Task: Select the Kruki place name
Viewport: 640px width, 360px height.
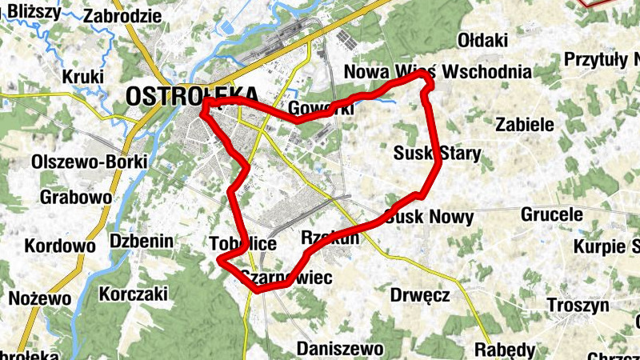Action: pyautogui.click(x=83, y=77)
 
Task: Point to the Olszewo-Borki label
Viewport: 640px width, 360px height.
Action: pyautogui.click(x=89, y=162)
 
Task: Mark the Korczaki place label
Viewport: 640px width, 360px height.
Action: pyautogui.click(x=133, y=294)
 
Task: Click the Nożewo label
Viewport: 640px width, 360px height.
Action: pyautogui.click(x=40, y=299)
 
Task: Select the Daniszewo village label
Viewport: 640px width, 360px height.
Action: pyautogui.click(x=340, y=349)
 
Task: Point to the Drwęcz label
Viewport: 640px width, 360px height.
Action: pyautogui.click(x=420, y=295)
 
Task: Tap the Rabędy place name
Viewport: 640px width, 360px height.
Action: pyautogui.click(x=504, y=350)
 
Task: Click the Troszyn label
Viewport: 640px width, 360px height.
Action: pyautogui.click(x=578, y=305)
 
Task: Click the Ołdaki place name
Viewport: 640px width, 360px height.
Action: pyautogui.click(x=482, y=40)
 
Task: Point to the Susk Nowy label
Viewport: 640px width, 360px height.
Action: pyautogui.click(x=430, y=217)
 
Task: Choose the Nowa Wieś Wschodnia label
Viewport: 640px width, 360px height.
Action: pyautogui.click(x=438, y=72)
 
